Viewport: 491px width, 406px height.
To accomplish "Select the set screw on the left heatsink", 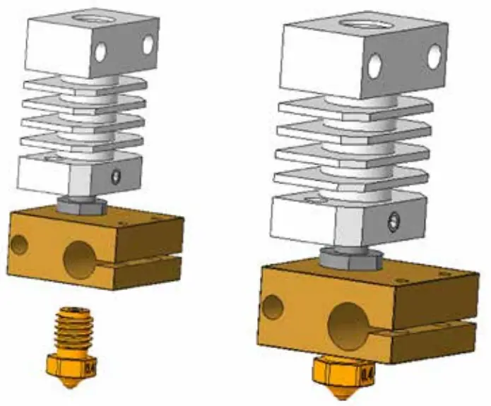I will [117, 174].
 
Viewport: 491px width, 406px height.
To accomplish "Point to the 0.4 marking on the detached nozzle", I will [90, 367].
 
